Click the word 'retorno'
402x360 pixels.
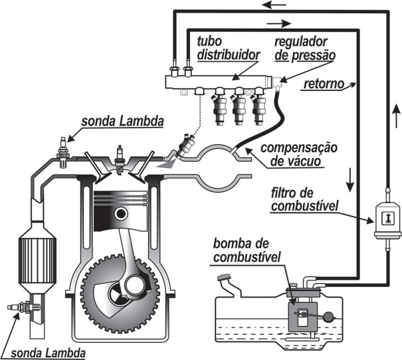324,84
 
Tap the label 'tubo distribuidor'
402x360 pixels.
229,48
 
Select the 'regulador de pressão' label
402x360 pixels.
305,48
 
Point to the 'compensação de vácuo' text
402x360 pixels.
299,155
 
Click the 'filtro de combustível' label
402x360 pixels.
304,200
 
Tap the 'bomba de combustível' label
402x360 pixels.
247,250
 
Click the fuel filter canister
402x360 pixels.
387,220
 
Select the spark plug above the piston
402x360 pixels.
119,160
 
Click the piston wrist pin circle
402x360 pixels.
121,214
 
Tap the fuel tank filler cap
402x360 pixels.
224,278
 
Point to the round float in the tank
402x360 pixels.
328,317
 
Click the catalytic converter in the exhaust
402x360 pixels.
37,259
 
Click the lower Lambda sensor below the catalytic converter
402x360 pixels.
23,307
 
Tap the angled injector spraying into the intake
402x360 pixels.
185,146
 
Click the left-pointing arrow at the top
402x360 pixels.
274,5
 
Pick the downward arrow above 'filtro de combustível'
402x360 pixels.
350,179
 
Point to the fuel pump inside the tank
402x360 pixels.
303,317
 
